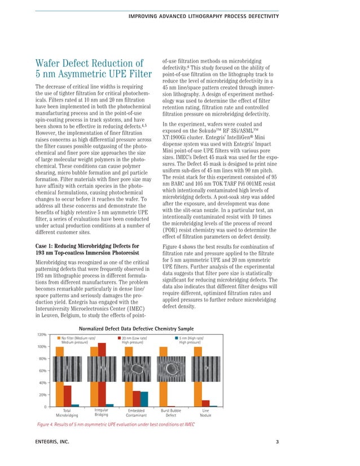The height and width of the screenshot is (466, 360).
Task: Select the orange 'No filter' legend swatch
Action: click(59, 338)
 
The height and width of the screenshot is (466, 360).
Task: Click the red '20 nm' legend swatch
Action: click(119, 338)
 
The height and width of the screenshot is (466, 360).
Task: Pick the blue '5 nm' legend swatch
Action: click(177, 338)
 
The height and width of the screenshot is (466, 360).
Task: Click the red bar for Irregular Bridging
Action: click(102, 374)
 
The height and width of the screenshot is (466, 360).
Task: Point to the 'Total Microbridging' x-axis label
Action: click(67, 412)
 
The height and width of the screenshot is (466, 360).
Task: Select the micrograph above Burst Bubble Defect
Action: click(174, 372)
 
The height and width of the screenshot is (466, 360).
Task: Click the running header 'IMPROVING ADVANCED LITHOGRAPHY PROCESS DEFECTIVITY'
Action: click(204, 16)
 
